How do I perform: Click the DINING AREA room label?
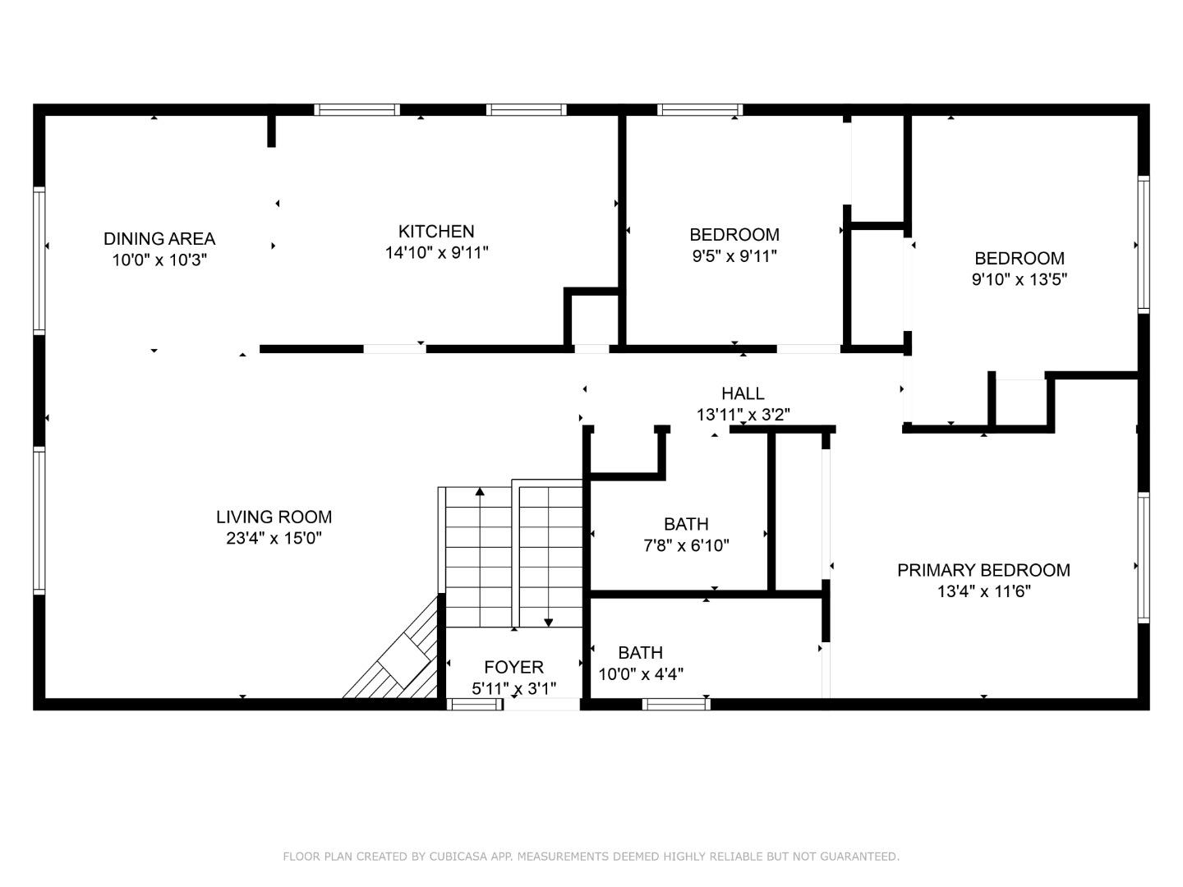coord(159,239)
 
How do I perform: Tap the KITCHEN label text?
coord(436,232)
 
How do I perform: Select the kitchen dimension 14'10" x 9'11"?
coord(436,253)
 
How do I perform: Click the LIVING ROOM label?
coord(274,517)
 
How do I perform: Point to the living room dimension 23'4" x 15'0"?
coord(274,539)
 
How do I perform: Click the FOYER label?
coord(513,667)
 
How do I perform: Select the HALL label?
coord(743,393)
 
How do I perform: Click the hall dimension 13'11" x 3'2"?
coord(743,415)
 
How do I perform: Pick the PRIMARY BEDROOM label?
coord(983,570)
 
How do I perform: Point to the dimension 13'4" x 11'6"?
coord(983,591)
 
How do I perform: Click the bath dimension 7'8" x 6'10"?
coord(686,545)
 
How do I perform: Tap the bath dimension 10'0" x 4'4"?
coord(641,674)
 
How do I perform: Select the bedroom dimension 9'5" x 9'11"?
coord(734,255)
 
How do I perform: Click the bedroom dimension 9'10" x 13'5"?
coord(1019,279)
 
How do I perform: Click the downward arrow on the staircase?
coord(549,622)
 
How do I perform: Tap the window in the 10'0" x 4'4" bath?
coord(675,704)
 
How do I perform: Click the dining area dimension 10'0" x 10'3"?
coord(159,260)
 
